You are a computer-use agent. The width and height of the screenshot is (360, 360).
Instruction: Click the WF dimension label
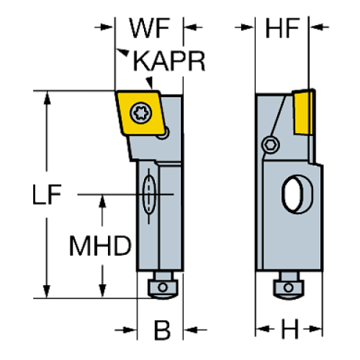pyautogui.click(x=150, y=27)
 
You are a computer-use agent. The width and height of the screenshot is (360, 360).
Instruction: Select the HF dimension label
pyautogui.click(x=283, y=27)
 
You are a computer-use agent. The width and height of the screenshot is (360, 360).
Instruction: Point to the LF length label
pyautogui.click(x=47, y=195)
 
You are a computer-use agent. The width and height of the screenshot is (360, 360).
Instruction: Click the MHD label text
pyautogui.click(x=101, y=245)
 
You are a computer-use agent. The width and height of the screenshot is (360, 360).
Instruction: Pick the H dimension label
pyautogui.click(x=289, y=330)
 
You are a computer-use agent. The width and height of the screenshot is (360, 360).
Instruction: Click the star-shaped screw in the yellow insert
pyautogui.click(x=138, y=114)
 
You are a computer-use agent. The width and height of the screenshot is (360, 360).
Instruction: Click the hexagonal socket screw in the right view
pyautogui.click(x=271, y=144)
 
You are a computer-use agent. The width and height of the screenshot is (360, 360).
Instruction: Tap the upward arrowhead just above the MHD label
pyautogui.click(x=103, y=201)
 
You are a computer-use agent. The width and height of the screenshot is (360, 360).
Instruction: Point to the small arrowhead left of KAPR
pyautogui.click(x=123, y=54)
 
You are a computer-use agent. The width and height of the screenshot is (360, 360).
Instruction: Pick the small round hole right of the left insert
pyautogui.click(x=167, y=132)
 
